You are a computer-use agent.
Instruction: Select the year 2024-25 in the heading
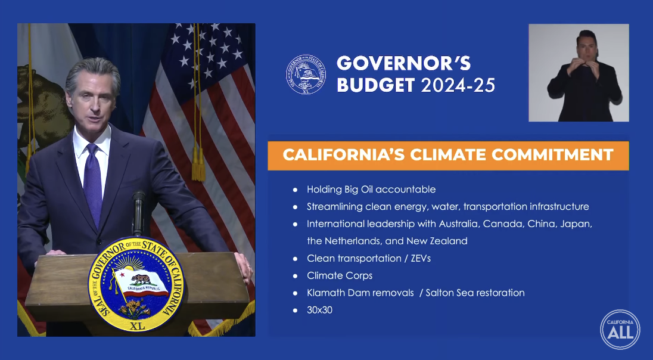point(458,85)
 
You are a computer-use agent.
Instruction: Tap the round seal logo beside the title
point(306,75)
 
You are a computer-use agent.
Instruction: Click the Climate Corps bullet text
point(340,276)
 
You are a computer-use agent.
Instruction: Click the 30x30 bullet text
point(319,310)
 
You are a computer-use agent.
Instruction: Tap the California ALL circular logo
point(620,329)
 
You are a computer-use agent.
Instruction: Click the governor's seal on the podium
point(137,285)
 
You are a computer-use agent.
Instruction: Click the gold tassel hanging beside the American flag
point(197,161)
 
